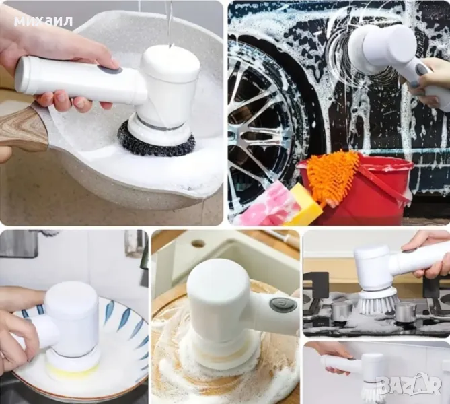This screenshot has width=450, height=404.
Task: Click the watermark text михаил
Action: (43, 22)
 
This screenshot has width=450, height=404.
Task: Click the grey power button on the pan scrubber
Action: (109, 70)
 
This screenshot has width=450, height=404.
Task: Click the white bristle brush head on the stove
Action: (377, 303)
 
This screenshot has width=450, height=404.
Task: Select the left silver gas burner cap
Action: (342, 311)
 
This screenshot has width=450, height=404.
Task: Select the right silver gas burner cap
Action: (406, 312)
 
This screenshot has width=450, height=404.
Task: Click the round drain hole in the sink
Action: (199, 244)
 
